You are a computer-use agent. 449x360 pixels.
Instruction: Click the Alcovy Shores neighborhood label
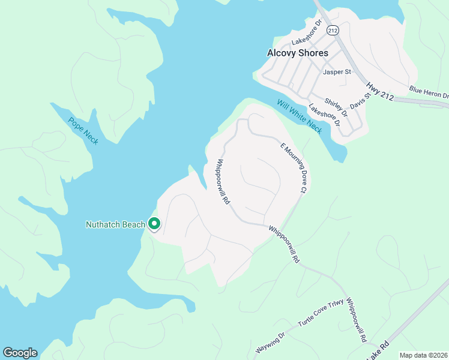(x=297, y=53)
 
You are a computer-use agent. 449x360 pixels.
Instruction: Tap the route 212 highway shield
(x=332, y=29)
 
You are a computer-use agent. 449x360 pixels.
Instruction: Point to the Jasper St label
(x=337, y=72)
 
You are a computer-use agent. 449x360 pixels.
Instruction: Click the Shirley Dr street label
(x=336, y=108)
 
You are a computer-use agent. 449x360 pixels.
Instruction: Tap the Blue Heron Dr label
(x=429, y=92)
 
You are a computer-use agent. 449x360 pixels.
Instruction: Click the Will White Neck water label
(x=300, y=116)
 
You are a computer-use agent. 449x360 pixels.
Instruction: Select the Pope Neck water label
(x=83, y=130)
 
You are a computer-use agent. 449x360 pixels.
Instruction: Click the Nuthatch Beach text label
(x=115, y=225)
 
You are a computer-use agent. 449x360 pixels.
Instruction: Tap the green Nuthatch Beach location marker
(x=154, y=224)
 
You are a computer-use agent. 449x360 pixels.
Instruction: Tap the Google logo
(x=20, y=353)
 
